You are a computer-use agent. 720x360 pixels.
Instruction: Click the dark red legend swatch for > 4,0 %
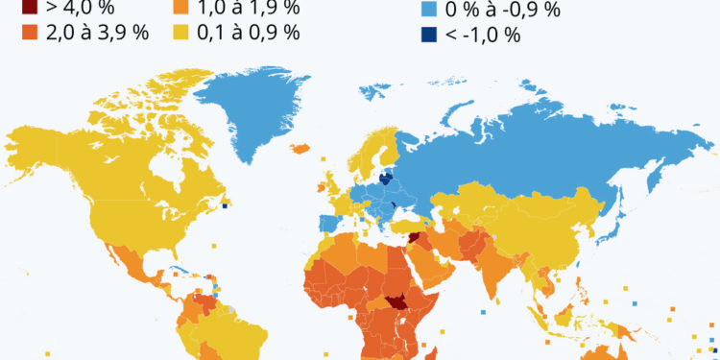[x=29, y=8]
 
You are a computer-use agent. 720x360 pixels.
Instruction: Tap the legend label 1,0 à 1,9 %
[x=249, y=9]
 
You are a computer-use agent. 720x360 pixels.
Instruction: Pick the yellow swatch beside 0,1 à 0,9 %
[x=180, y=33]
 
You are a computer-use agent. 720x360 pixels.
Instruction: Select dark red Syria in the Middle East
[x=414, y=239]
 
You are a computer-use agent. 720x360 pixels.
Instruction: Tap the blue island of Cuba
[x=177, y=271]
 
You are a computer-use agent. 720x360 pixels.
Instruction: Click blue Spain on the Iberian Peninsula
[x=325, y=225]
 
